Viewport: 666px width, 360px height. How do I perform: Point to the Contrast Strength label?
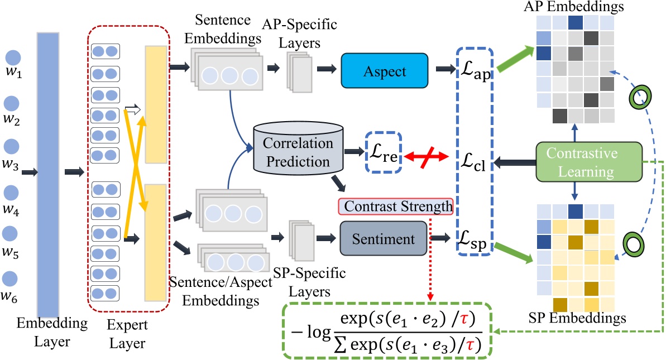coord(395,207)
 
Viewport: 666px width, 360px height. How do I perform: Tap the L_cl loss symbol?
coord(474,162)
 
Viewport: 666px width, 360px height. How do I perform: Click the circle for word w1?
coord(13,57)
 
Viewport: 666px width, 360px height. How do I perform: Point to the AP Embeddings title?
coord(574,6)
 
